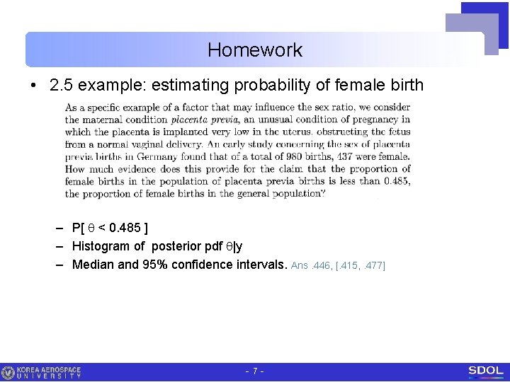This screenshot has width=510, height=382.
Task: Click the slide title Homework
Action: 255,50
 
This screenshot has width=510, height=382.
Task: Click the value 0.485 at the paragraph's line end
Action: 395,181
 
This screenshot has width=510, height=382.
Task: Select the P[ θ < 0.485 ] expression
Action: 110,228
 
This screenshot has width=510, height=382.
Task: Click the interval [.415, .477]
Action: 361,265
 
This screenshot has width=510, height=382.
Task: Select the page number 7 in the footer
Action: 255,371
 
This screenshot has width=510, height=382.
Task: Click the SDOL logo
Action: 485,371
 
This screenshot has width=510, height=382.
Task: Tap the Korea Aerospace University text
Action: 49,372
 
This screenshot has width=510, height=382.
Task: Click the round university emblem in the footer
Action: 8,372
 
